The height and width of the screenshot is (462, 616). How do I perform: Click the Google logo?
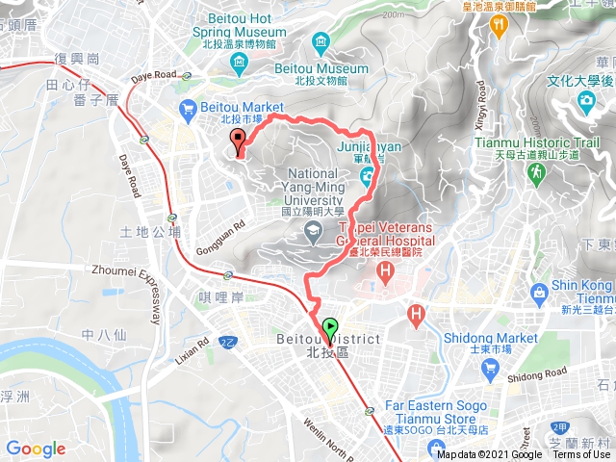36,449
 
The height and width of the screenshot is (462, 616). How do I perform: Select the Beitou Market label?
242,107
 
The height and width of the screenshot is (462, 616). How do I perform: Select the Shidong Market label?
491,338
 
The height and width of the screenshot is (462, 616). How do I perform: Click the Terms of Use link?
581,454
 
